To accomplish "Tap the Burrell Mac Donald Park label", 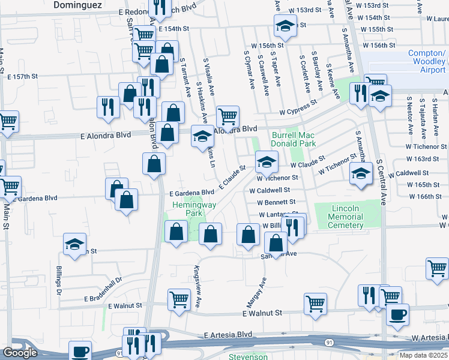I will [x=294, y=140].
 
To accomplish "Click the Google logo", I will [x=20, y=353].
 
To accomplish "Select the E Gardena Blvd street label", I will [x=191, y=193].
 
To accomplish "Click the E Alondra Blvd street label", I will [x=106, y=136].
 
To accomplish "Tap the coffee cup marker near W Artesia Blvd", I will [x=396, y=314].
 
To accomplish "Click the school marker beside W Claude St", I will [x=267, y=161].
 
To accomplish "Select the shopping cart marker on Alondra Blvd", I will [x=228, y=116].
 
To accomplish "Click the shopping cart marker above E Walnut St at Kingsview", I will [x=179, y=301].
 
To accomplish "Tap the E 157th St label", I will [x=23, y=77].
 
